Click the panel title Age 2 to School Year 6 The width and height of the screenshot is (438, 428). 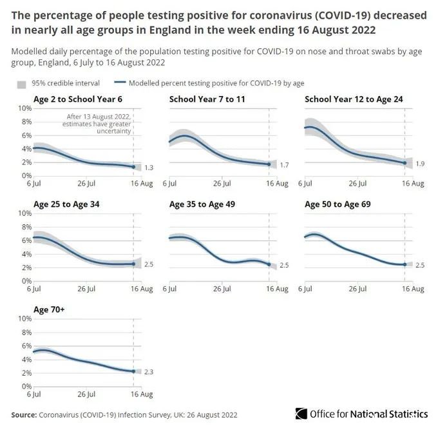tap(77, 99)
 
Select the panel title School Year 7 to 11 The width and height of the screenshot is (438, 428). tap(207, 99)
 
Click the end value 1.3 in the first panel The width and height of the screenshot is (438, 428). tap(149, 168)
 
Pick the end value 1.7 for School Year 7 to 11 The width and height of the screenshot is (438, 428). tap(285, 165)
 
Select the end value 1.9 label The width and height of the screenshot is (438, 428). tap(421, 164)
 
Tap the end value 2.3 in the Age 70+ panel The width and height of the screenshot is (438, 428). tap(149, 371)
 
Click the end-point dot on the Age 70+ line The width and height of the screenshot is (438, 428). tap(133, 371)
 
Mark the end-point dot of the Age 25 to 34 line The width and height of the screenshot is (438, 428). tap(133, 264)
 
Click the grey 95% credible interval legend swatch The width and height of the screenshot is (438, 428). tap(21, 83)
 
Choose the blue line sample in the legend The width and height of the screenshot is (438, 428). tap(120, 83)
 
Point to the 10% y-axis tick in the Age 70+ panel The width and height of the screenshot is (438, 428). tap(22, 318)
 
